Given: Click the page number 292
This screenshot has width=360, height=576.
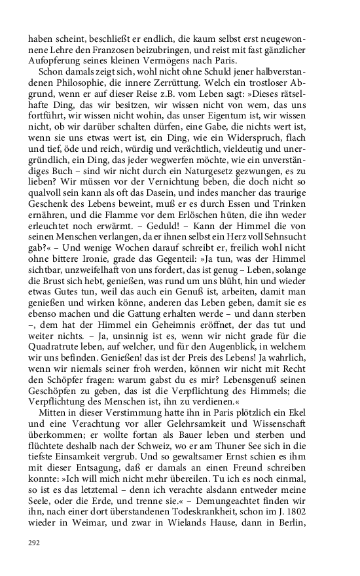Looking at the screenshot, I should tap(33, 543).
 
